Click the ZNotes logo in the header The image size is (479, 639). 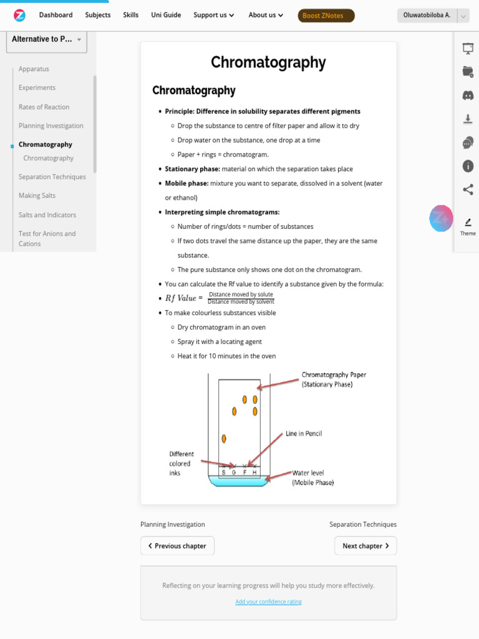click(x=19, y=15)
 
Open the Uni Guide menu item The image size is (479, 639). click(x=165, y=15)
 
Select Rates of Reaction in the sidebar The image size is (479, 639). click(x=44, y=107)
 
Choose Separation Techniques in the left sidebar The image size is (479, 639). click(x=52, y=177)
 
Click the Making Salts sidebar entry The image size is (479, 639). click(x=37, y=196)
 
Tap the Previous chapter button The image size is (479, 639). click(x=177, y=546)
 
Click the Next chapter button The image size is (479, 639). click(x=365, y=546)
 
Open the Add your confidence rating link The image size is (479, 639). click(x=268, y=602)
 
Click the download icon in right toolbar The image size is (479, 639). click(x=468, y=119)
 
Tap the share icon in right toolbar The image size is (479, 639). click(x=468, y=190)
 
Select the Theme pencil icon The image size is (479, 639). click(x=468, y=223)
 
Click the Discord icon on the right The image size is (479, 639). click(x=468, y=95)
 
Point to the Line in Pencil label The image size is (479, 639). click(x=304, y=434)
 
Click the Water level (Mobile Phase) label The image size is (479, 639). click(x=313, y=478)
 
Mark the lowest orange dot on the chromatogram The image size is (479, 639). click(x=224, y=439)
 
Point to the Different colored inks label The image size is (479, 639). click(x=181, y=464)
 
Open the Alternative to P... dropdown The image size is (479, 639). click(x=47, y=39)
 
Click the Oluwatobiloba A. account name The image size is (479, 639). click(x=427, y=16)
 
